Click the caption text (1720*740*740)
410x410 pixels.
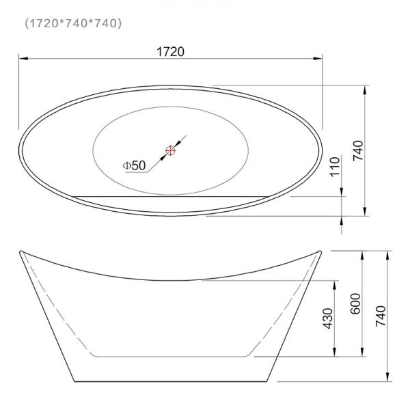point(73,23)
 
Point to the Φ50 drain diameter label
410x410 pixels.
point(134,165)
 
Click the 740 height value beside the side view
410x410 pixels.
point(381,316)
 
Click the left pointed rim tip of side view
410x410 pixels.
point(20,252)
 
